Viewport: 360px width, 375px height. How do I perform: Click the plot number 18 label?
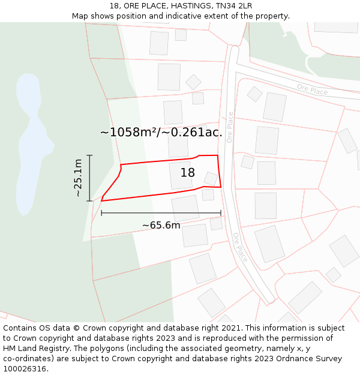[x=188, y=173]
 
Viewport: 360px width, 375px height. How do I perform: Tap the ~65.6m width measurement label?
[x=161, y=226]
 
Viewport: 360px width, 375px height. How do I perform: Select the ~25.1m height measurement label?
[x=78, y=178]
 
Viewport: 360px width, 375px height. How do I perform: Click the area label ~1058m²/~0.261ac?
[x=161, y=133]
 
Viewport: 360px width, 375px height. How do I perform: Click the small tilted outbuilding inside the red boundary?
[x=211, y=178]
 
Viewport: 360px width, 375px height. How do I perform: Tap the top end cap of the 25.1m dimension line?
[x=89, y=155]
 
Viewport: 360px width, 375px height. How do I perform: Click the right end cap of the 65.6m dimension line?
[x=221, y=212]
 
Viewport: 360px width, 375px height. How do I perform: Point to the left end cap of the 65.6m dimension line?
[x=101, y=212]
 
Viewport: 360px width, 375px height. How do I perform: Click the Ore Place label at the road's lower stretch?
[x=239, y=247]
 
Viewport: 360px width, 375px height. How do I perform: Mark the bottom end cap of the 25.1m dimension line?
[x=89, y=200]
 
